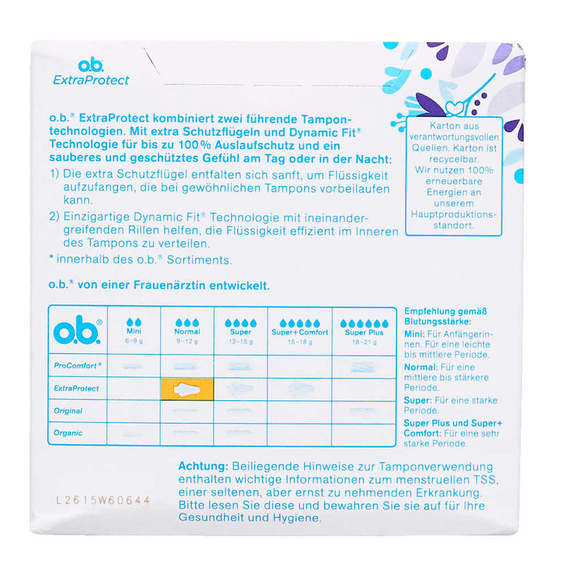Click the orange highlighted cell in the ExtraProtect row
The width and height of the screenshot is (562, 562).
(187, 389)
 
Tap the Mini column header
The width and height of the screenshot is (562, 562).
(133, 331)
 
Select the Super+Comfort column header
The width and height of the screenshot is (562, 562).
(300, 332)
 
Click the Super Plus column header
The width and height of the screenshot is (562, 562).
(364, 332)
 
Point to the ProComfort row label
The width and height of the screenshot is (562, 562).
(77, 365)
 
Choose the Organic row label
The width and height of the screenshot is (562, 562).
(68, 433)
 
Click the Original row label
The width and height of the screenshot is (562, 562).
(68, 411)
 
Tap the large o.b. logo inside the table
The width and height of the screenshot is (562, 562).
(77, 330)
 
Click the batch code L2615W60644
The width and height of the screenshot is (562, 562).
(103, 500)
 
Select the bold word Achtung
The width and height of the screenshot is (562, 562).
(203, 466)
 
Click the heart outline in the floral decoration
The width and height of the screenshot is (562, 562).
(455, 108)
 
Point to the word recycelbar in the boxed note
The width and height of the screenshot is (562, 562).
(454, 159)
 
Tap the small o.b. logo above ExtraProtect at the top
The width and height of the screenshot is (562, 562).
(91, 65)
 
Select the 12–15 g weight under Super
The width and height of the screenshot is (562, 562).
(241, 342)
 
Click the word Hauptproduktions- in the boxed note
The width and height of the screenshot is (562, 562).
(453, 214)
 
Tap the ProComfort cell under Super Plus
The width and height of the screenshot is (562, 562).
(364, 367)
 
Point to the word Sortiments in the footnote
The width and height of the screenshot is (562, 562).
(200, 259)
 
